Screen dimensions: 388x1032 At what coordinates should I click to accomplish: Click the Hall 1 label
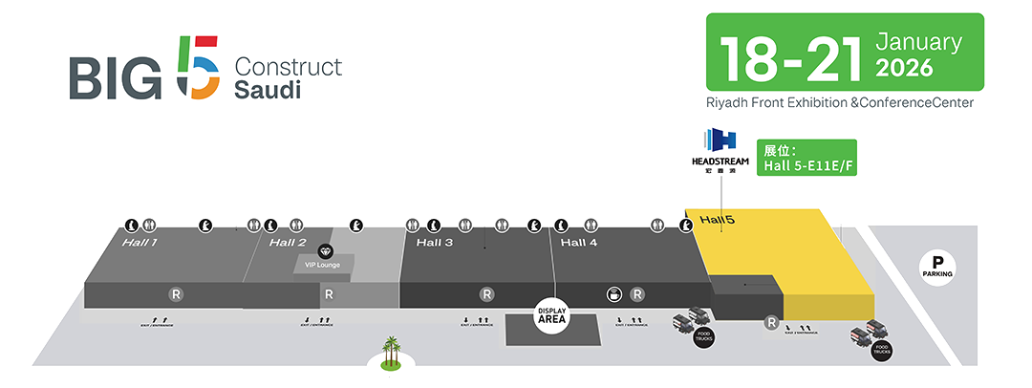click(140, 243)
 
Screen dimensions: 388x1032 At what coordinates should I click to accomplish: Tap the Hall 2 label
click(288, 243)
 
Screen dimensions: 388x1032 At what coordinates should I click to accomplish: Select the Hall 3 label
click(435, 243)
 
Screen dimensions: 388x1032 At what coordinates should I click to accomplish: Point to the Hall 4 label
click(579, 243)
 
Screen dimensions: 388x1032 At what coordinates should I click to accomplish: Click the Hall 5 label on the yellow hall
click(717, 220)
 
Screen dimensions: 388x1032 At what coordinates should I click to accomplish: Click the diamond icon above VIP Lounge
click(324, 249)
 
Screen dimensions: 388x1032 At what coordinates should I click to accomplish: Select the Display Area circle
click(553, 315)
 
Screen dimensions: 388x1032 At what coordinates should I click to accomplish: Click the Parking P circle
click(937, 265)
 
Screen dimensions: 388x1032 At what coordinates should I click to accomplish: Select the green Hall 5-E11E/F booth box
click(806, 158)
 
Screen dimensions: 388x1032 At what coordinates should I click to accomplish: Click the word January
click(918, 42)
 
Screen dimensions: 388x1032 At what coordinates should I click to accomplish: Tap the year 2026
click(903, 69)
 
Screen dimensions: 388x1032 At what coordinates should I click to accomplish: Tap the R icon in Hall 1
click(176, 294)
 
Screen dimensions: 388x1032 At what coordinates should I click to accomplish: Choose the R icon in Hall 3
click(486, 294)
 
